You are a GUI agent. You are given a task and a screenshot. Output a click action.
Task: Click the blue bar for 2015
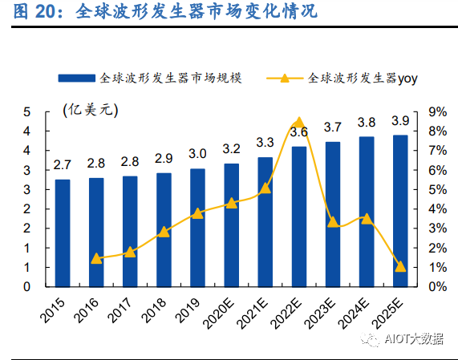point(62,233)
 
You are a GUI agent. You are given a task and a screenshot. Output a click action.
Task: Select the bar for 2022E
point(298,216)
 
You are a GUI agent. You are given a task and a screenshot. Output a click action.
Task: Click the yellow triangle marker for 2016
point(96,258)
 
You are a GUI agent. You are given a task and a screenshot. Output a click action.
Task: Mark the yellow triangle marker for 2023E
point(333,221)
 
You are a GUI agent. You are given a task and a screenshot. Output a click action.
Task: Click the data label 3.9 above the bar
point(399,120)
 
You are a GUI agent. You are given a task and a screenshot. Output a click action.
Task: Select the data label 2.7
point(62,165)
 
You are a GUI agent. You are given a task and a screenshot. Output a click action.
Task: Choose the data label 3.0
point(197,154)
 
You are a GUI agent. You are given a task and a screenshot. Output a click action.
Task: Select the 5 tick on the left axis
point(26,111)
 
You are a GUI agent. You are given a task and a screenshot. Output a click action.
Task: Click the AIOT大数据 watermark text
point(414,339)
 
